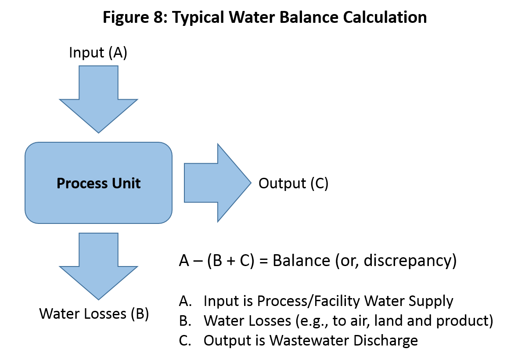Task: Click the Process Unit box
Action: coord(98,183)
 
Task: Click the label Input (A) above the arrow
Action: coord(98,53)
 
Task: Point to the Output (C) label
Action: coord(293,183)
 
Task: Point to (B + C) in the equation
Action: coord(230,260)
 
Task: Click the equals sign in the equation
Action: coord(263,261)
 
